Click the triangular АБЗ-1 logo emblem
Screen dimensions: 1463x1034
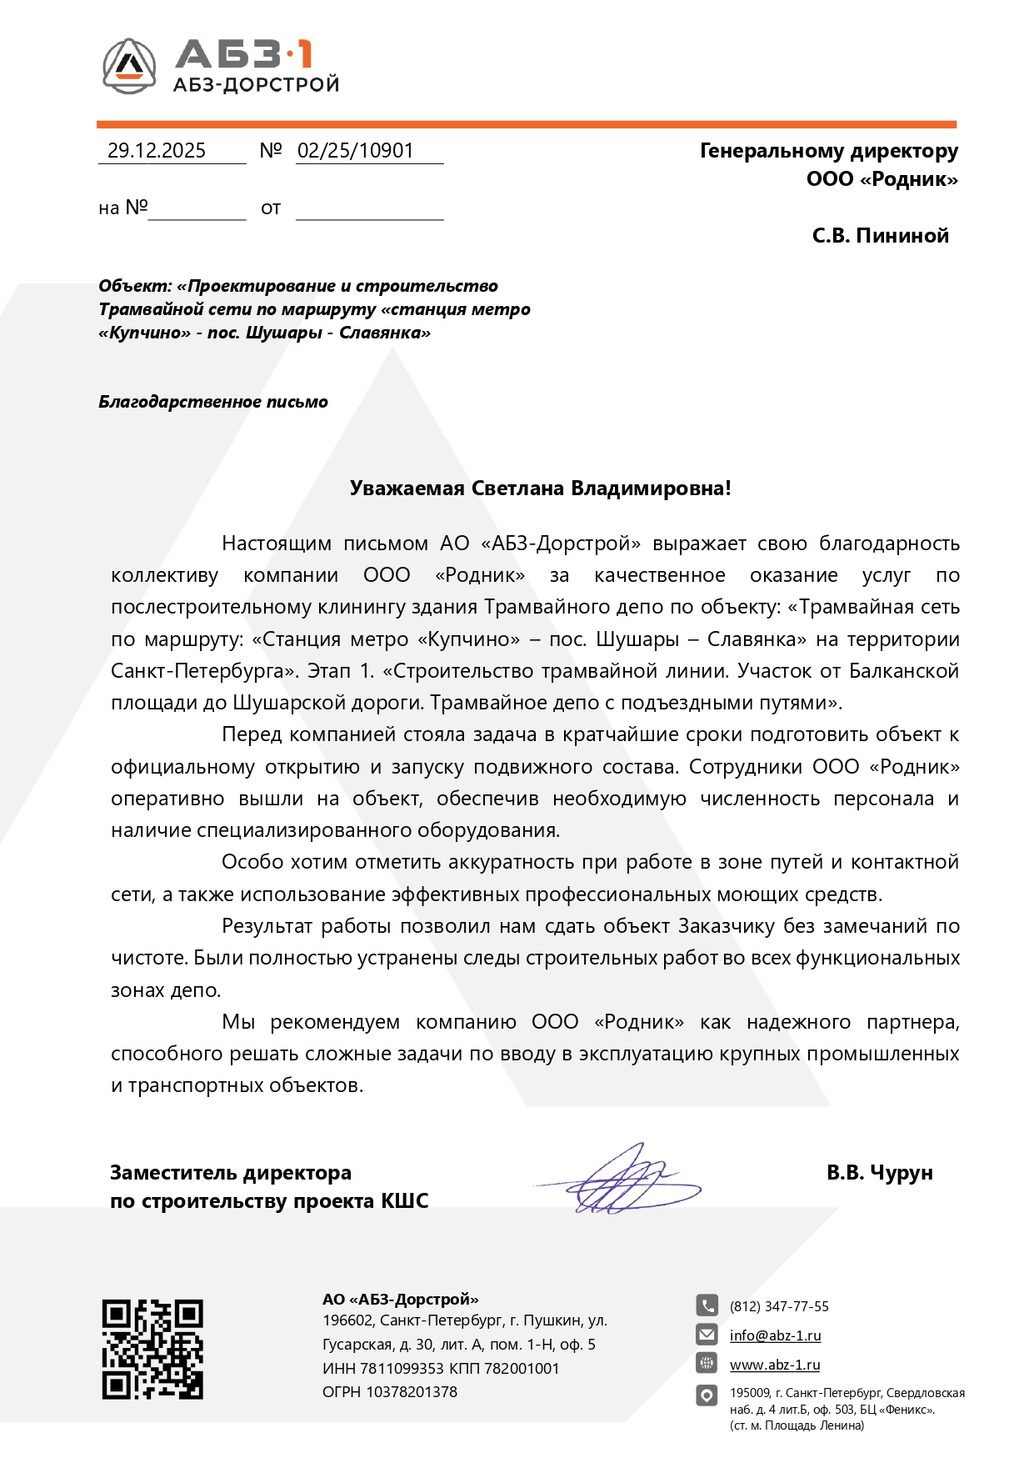pos(129,65)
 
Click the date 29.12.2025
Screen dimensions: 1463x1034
pos(157,151)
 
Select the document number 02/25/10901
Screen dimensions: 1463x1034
pos(356,151)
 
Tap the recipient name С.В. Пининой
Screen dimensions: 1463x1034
pos(880,236)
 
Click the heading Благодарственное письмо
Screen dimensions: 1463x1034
pos(213,402)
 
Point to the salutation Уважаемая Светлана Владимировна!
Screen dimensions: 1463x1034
pos(540,489)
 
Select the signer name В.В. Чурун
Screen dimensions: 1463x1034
pos(879,1173)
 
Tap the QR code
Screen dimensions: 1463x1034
pos(152,1349)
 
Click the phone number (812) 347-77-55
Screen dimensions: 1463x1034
pos(779,1306)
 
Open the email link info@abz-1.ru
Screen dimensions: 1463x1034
pos(775,1335)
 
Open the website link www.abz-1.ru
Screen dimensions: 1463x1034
pos(775,1365)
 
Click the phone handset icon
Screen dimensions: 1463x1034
pos(707,1305)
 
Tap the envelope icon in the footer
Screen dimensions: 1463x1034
pos(707,1335)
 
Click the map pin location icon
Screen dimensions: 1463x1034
pos(707,1395)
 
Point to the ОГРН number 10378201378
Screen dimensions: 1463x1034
pos(412,1391)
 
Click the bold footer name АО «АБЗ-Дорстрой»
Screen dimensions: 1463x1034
pos(401,1299)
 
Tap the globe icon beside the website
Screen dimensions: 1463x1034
pos(707,1364)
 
